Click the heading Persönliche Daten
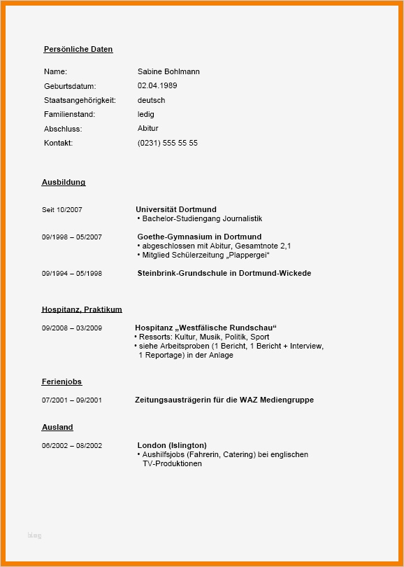(x=78, y=50)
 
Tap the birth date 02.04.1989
(x=157, y=86)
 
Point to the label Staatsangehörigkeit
(x=80, y=100)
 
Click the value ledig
(x=146, y=114)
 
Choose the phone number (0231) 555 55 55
(x=168, y=143)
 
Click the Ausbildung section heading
(x=64, y=183)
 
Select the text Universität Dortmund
(x=176, y=209)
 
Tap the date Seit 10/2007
(x=62, y=210)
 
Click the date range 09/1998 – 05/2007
(x=71, y=237)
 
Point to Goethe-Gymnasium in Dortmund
(x=199, y=237)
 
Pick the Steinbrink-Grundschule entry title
(x=224, y=273)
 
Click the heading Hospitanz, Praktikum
(x=82, y=309)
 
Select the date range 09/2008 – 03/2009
(x=71, y=328)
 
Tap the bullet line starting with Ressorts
(x=203, y=337)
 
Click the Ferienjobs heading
(x=62, y=382)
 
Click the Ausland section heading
(x=57, y=428)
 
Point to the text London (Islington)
(x=172, y=445)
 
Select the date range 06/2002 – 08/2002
(x=71, y=446)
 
